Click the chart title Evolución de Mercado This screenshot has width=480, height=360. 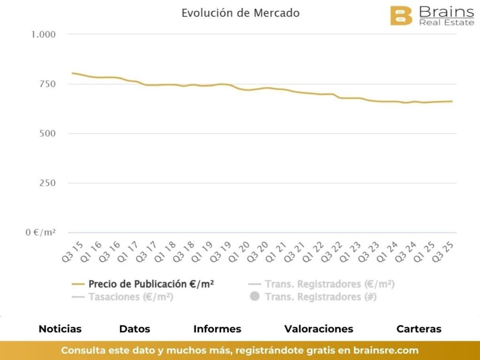pyautogui.click(x=240, y=13)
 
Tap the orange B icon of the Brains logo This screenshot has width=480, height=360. pyautogui.click(x=401, y=16)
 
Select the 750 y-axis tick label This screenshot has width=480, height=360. pyautogui.click(x=47, y=84)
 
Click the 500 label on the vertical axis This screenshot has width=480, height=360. pyautogui.click(x=47, y=134)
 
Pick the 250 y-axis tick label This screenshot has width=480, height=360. pyautogui.click(x=47, y=183)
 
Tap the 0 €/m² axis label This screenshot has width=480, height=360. pyautogui.click(x=41, y=232)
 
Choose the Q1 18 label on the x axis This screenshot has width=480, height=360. pyautogui.click(x=164, y=252)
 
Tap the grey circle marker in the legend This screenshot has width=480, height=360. pyautogui.click(x=255, y=297)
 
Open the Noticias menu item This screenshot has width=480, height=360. pyautogui.click(x=60, y=329)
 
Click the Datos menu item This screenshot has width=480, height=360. pyautogui.click(x=135, y=329)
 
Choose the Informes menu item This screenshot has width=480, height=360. pyautogui.click(x=217, y=329)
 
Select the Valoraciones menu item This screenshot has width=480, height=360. pyautogui.click(x=319, y=329)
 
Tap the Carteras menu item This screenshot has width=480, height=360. pyautogui.click(x=419, y=329)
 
